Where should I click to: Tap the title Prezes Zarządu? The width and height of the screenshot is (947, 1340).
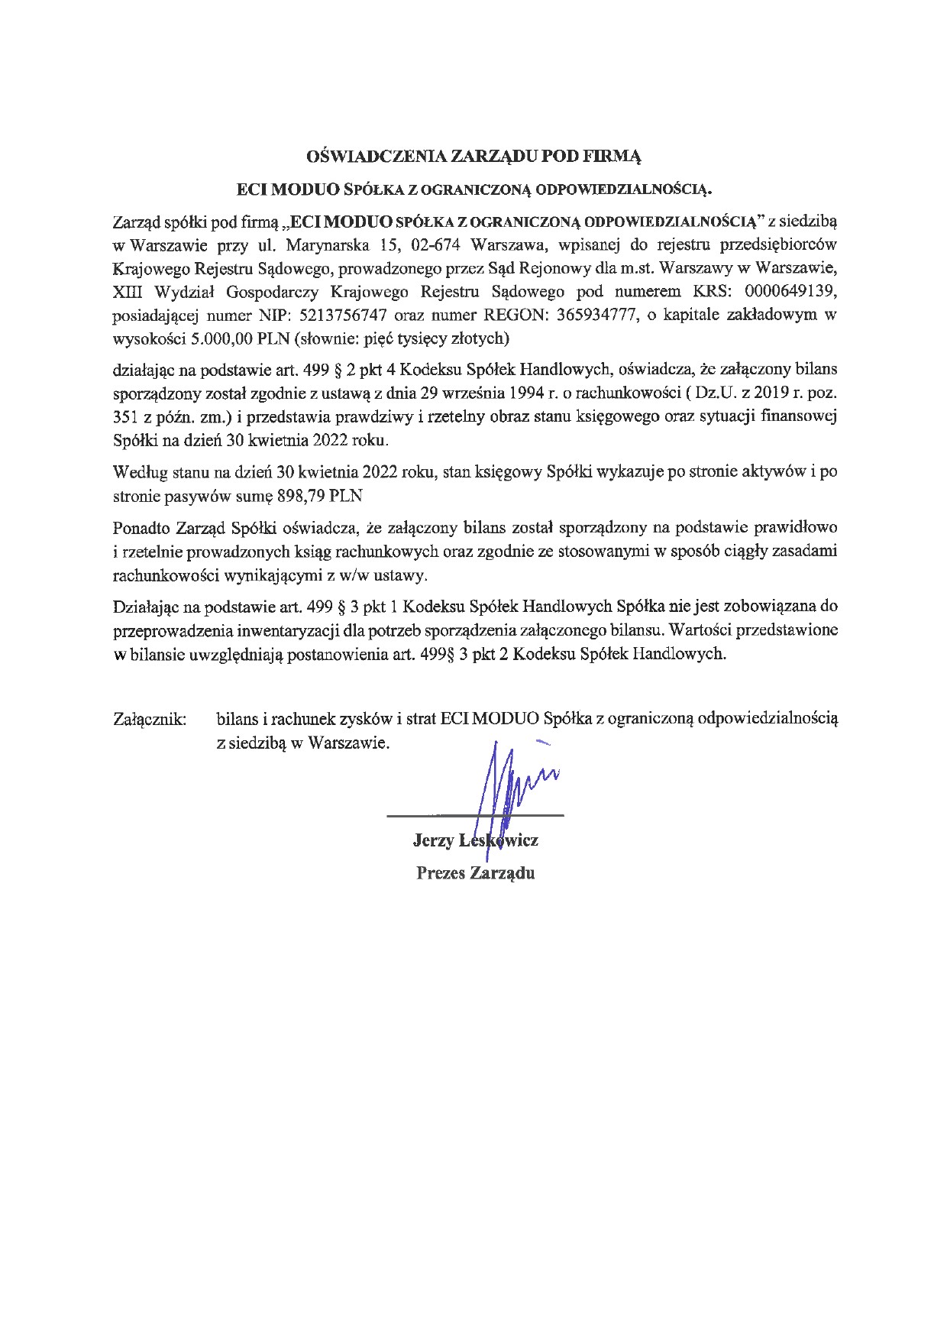(475, 873)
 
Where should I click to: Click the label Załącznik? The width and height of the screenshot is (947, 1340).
(150, 719)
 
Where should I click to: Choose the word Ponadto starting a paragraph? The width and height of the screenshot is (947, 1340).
(141, 527)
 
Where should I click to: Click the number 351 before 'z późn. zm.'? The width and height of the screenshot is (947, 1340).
(125, 418)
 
